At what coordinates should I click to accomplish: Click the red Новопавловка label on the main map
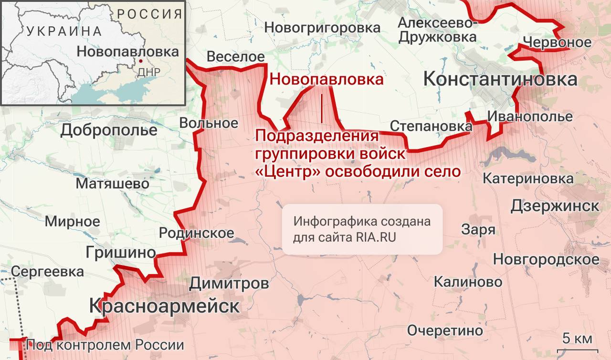(x=327, y=79)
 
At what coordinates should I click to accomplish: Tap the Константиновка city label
(x=500, y=79)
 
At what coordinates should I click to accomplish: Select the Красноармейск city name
(x=164, y=306)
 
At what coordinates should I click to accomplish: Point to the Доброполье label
(x=109, y=130)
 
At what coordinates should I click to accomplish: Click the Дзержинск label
(x=555, y=206)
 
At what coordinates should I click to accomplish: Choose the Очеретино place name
(x=445, y=330)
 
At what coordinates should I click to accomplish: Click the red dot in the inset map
(x=141, y=62)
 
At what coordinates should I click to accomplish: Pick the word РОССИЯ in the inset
(x=150, y=14)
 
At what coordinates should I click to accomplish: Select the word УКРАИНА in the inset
(x=64, y=32)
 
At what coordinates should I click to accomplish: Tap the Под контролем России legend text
(x=105, y=345)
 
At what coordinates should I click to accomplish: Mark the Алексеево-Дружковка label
(x=437, y=30)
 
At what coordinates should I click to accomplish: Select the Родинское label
(x=196, y=233)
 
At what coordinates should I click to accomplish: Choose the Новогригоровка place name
(x=322, y=28)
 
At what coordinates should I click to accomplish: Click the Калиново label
(x=468, y=282)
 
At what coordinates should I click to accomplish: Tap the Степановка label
(x=431, y=126)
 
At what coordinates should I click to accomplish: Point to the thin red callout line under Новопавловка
(x=322, y=107)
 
